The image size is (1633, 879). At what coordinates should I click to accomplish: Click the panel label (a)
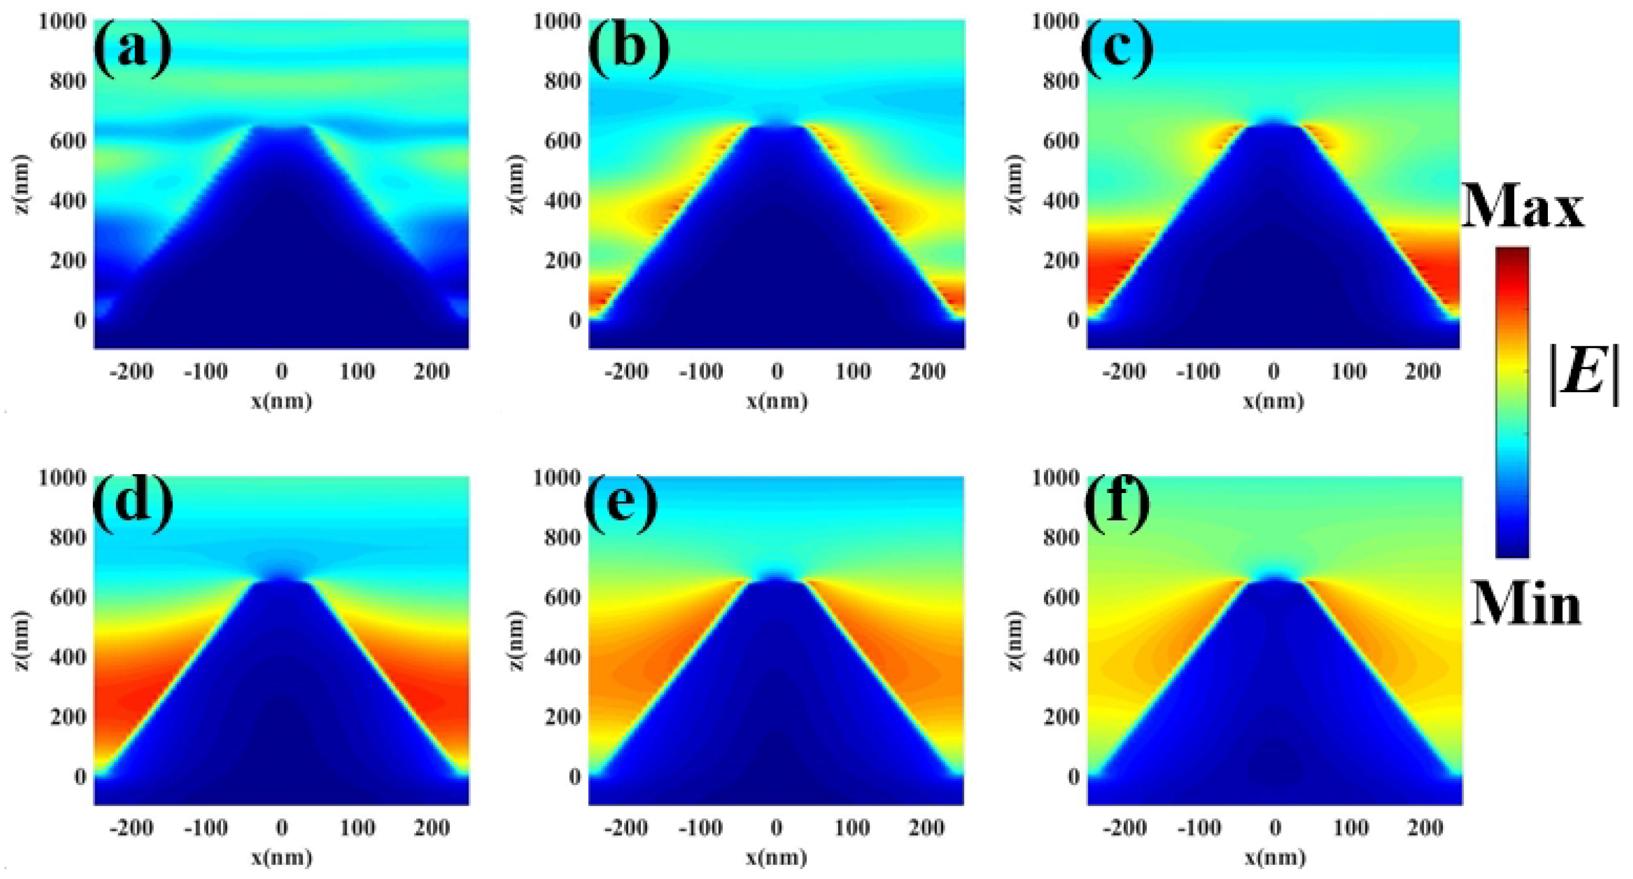[x=132, y=48]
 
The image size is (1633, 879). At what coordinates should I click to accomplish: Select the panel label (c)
[x=1117, y=48]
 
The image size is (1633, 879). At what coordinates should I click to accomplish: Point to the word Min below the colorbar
[x=1526, y=604]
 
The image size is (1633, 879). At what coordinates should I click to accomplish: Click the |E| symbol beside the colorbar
[x=1583, y=374]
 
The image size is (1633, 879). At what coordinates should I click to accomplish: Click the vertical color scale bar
[x=1512, y=402]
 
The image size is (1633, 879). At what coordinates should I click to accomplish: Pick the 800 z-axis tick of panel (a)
[x=68, y=81]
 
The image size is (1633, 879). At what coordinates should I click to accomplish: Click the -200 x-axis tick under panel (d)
[x=131, y=828]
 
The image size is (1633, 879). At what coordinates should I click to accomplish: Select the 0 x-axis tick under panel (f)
[x=1275, y=828]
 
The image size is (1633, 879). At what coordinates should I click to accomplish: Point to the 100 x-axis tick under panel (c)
[x=1349, y=372]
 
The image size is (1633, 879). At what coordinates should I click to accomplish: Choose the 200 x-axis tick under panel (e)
[x=927, y=828]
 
